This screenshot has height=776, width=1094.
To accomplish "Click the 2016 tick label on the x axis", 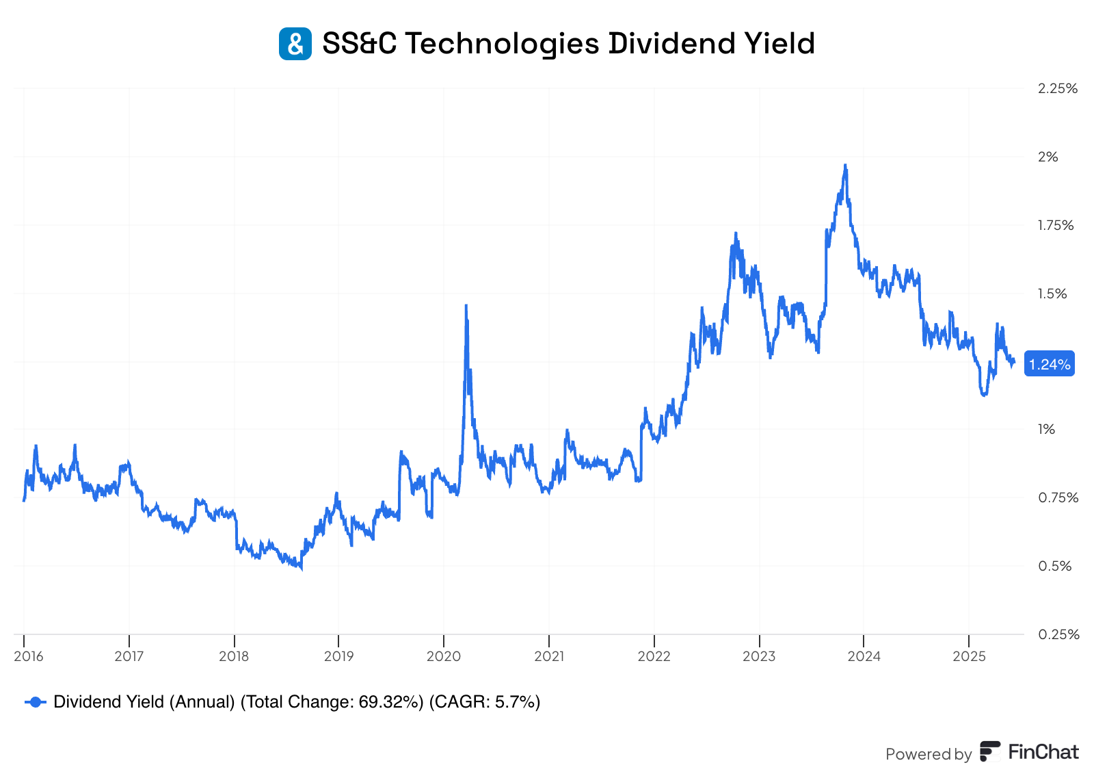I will (28, 656).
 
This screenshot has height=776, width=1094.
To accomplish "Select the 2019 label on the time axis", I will (338, 656).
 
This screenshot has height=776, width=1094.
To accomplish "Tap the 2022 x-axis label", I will (654, 656).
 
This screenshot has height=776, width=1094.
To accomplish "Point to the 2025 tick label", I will (969, 656).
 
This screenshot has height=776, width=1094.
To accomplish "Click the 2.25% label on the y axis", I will (1057, 88).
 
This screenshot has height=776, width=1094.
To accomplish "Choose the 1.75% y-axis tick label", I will (1056, 225).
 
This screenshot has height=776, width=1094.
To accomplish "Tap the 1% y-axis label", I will (1047, 429).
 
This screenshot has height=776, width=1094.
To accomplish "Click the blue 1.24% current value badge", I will (1049, 364).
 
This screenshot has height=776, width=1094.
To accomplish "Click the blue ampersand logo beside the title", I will (295, 44).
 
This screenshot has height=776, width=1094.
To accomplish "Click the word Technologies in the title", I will (502, 44).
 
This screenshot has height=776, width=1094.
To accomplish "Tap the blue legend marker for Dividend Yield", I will (36, 702).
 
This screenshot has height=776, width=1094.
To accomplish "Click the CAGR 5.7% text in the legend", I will (484, 702).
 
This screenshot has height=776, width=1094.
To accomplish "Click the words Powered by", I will (928, 754).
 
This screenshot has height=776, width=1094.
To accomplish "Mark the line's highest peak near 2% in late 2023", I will (846, 165).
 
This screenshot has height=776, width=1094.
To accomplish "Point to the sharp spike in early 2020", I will (466, 306).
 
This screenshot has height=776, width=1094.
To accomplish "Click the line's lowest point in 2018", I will (301, 568).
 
